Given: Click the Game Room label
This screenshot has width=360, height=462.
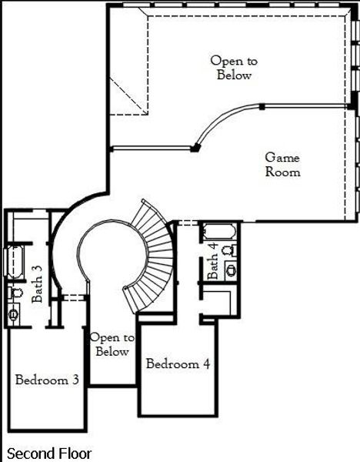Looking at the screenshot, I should point(282,165).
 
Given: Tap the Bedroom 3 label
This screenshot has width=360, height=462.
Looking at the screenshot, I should point(47,380).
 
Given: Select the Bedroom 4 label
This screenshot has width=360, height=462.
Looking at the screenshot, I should point(178,364).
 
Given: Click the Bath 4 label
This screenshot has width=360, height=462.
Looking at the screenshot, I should point(213,261).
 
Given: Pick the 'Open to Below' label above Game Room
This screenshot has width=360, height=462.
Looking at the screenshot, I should point(234,68).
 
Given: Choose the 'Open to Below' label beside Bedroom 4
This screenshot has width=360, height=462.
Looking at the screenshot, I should point(112,344).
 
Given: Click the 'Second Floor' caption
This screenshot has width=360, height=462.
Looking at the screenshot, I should point(48,454).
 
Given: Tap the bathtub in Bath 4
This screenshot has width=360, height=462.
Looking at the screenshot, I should point(219,232).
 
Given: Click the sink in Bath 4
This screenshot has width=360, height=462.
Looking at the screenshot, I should point(230,269).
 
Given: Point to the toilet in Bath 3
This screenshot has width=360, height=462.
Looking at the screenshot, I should point(14,293).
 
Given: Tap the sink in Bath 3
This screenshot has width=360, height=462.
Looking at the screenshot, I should point(14,313).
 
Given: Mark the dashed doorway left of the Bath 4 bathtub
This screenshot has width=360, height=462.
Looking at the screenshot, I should point(188,223).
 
